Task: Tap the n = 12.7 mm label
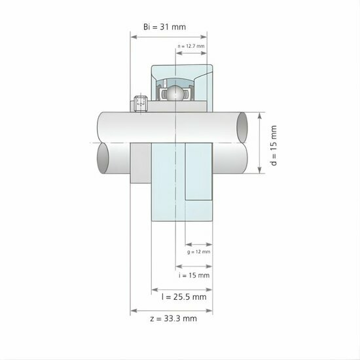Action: point(191,46)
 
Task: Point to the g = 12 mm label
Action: point(198,251)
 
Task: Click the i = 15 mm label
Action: point(194,275)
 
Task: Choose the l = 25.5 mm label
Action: point(184,297)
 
